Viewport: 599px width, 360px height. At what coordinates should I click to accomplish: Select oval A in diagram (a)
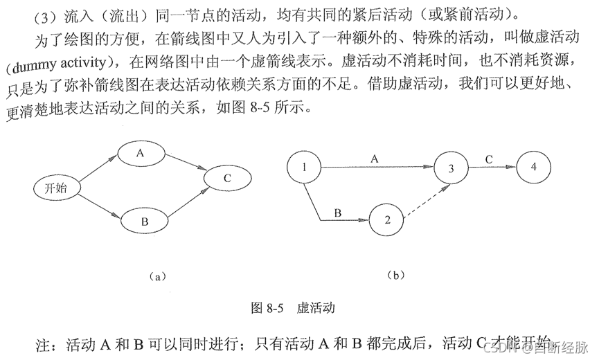click(x=140, y=155)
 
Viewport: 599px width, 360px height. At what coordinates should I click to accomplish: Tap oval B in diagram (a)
click(x=145, y=222)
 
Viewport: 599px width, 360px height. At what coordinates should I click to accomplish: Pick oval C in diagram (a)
click(x=227, y=179)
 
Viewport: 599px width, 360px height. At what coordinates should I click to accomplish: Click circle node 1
click(x=305, y=167)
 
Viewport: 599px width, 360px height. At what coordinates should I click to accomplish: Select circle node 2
click(x=387, y=220)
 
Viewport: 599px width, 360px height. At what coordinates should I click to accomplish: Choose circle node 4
click(x=533, y=167)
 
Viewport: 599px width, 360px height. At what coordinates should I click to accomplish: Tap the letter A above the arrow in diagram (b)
click(x=375, y=159)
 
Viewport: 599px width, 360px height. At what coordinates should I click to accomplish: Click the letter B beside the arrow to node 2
click(x=337, y=213)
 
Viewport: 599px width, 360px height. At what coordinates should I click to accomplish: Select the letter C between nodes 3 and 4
click(x=489, y=159)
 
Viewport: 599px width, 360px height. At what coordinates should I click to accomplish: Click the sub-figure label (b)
click(x=395, y=275)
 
